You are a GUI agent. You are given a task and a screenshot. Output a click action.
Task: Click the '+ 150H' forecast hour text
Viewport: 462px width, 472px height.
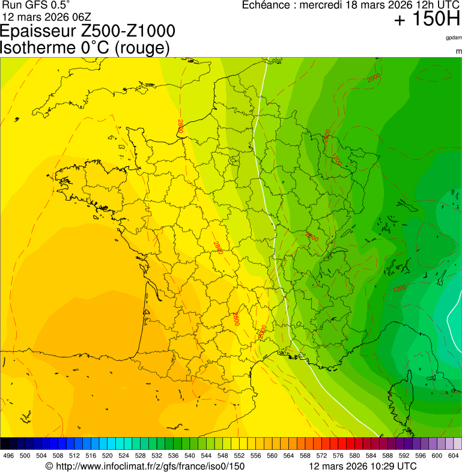[x=427, y=19]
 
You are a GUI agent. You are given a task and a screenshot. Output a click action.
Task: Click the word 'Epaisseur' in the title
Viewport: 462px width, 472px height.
[x=37, y=31]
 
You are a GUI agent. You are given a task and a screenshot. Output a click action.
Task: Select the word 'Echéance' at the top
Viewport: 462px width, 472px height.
[x=267, y=5]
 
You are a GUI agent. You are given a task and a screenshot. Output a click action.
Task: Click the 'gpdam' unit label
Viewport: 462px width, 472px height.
[x=454, y=38]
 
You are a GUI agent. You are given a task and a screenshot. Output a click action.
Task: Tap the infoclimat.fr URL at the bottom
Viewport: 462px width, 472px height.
[x=145, y=466]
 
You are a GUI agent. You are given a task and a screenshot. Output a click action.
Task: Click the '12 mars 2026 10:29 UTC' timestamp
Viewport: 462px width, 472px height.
[x=362, y=466]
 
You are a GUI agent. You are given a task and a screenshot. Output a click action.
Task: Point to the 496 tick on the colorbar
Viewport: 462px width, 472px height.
[x=8, y=456]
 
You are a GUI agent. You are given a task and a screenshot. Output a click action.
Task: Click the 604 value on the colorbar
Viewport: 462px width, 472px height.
[x=454, y=456]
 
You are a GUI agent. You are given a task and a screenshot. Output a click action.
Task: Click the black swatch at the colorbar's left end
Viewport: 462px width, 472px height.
[x=5, y=444]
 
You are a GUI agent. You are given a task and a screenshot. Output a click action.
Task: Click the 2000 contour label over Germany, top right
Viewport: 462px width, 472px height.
[x=374, y=77]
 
